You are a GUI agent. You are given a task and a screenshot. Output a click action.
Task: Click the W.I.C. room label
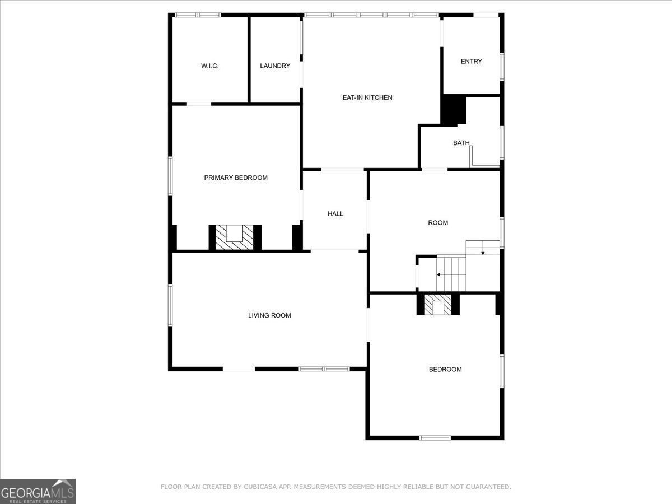point(209,66)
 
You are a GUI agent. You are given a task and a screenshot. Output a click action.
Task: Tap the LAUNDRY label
point(275,66)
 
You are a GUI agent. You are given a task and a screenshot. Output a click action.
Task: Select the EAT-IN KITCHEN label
point(367,97)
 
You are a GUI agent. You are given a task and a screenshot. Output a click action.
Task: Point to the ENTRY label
point(472,62)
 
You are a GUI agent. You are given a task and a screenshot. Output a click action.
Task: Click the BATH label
point(461,143)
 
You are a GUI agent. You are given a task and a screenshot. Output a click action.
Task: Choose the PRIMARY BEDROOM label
point(236,178)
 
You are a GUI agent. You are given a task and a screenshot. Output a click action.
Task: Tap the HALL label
point(335,213)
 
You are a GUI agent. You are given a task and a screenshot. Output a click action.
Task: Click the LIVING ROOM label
point(269,315)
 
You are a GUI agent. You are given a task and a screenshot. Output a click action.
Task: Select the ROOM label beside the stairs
point(438,223)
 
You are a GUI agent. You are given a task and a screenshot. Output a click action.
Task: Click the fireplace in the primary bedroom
point(235,237)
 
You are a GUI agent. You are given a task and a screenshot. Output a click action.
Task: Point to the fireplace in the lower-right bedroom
point(438,305)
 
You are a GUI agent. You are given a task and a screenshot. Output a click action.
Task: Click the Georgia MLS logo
point(38,492)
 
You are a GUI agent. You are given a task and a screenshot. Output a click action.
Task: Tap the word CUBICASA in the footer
point(260,487)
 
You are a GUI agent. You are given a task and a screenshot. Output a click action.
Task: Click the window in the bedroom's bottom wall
point(435,438)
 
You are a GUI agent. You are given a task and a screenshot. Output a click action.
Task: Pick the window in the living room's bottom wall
point(324,369)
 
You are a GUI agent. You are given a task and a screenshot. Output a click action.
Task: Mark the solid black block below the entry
point(453,110)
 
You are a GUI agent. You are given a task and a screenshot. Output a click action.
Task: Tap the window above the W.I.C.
point(198,15)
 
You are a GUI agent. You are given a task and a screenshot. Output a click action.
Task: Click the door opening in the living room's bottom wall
point(239,369)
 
